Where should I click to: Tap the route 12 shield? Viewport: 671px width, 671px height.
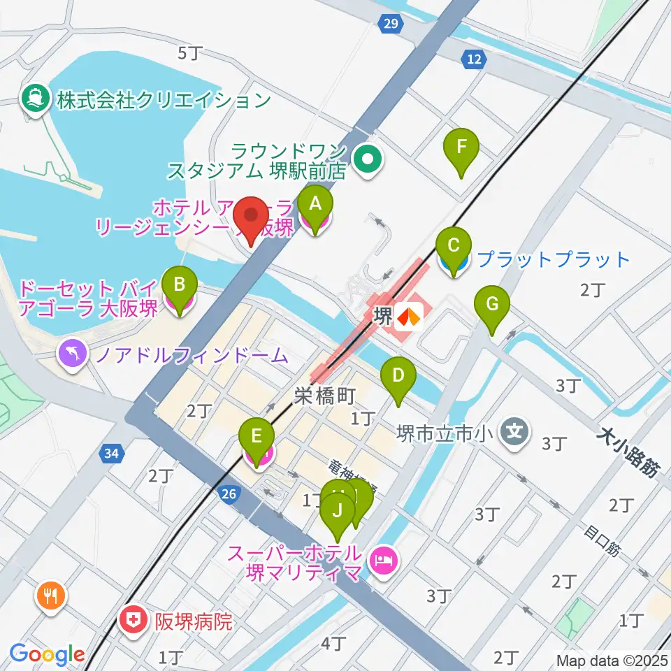(x=474, y=60)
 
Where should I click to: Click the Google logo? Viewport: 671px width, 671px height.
(x=48, y=655)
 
